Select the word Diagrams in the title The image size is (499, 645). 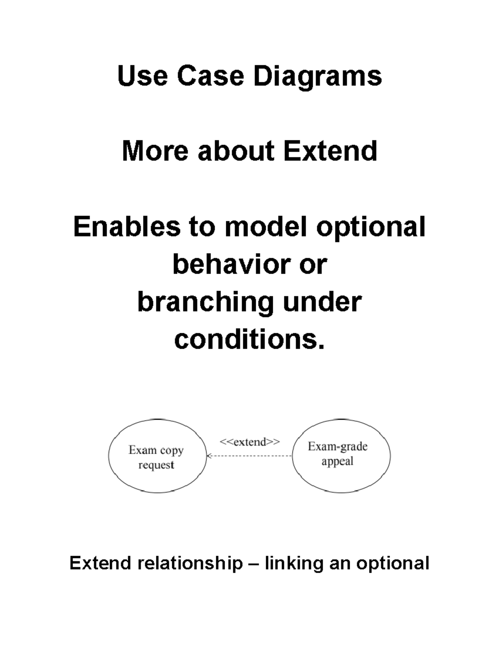[317, 77]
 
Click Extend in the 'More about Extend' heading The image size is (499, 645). [330, 151]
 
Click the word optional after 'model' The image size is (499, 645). [371, 228]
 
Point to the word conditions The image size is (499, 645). [248, 339]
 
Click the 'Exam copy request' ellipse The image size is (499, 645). [157, 456]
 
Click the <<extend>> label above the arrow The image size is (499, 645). [249, 441]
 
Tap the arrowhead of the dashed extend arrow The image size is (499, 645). [209, 456]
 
